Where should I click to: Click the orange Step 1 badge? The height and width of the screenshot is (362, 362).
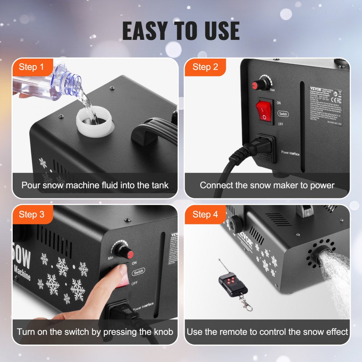point(31,67)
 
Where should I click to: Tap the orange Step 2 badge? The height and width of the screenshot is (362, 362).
point(205,67)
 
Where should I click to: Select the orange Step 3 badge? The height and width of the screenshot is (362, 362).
point(31,214)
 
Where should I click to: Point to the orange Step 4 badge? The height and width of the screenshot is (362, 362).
point(205,214)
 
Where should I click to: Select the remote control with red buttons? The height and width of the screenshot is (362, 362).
point(232,284)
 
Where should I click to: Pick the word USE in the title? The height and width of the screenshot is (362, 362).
point(219,31)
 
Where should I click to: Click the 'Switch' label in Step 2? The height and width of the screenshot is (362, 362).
point(283,114)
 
